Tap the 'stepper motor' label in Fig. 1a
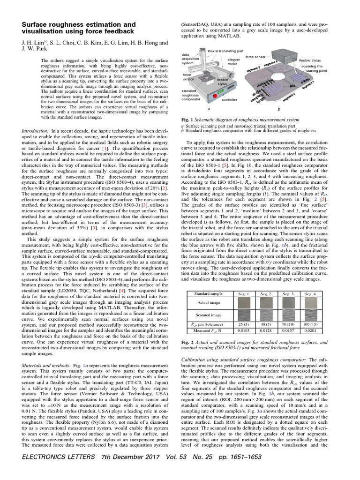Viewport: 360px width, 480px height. point(234,62)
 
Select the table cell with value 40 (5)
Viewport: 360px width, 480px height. point(266,324)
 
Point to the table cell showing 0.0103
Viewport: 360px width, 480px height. point(244,330)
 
